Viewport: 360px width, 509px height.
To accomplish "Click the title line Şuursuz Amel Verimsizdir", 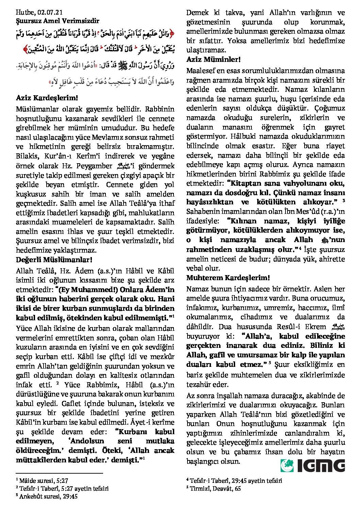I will point(58,21).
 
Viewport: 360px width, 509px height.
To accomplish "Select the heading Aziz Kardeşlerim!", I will point(47,98).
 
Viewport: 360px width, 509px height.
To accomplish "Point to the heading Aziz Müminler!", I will point(213,60).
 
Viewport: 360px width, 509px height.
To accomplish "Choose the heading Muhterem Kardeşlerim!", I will point(228,278).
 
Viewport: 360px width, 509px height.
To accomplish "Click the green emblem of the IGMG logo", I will point(287,465).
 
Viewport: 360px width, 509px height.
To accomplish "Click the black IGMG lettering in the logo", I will point(321,465).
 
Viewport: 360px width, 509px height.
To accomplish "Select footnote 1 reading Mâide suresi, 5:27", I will point(44,481).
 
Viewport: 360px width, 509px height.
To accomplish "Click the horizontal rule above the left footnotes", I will point(59,473).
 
